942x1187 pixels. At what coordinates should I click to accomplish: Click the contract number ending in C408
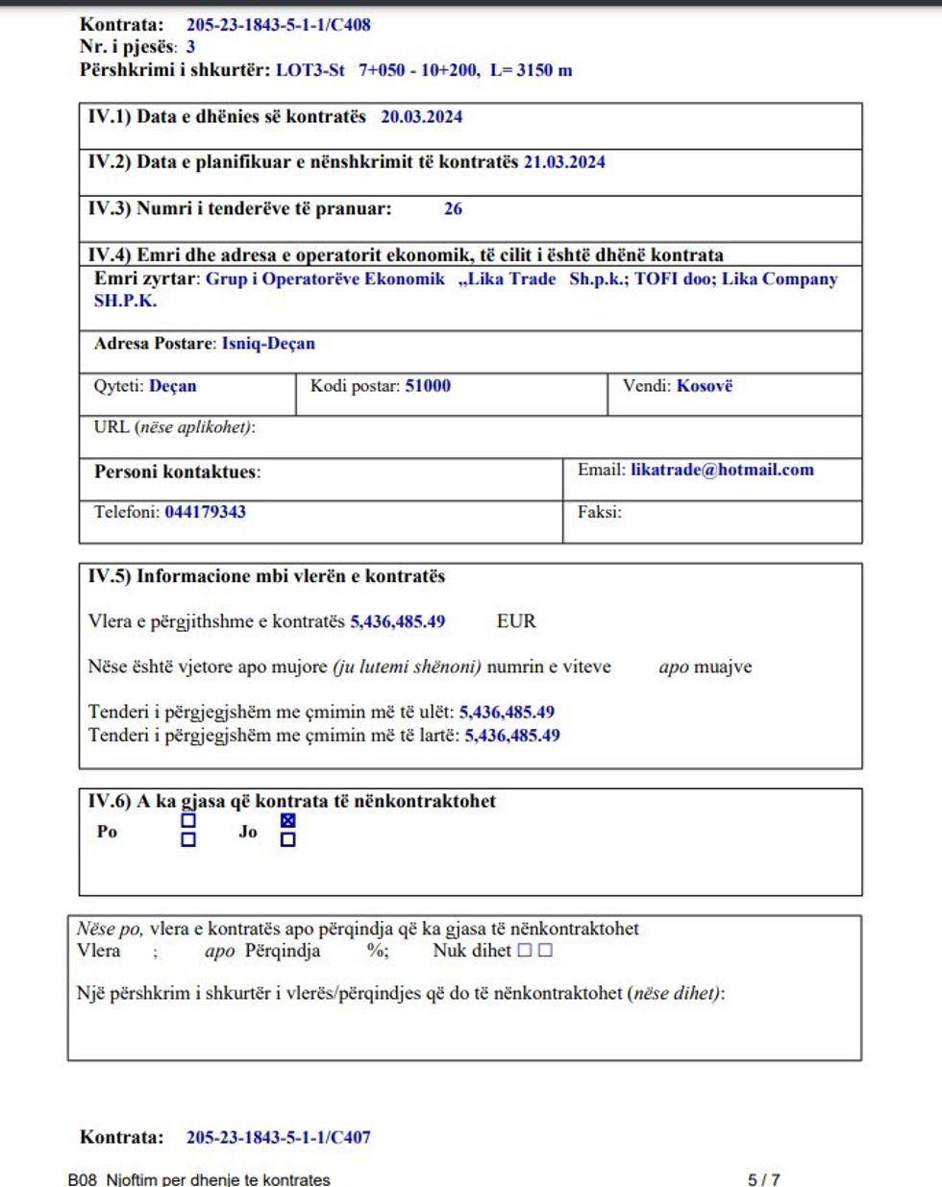278,25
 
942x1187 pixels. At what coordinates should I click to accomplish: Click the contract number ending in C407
278,1137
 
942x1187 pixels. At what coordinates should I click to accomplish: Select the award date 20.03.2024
421,117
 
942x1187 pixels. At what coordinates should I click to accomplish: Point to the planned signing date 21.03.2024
564,162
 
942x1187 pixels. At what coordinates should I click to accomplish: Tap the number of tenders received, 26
453,208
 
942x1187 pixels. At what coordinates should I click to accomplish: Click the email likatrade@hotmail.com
722,470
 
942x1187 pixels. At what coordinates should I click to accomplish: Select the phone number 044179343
205,512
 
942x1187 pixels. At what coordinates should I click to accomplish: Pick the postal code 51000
428,386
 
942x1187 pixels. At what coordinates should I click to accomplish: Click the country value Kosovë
705,386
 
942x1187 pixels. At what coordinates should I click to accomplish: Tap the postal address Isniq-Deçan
268,344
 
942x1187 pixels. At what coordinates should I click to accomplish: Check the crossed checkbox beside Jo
287,821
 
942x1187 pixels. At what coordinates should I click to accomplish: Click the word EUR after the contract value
516,621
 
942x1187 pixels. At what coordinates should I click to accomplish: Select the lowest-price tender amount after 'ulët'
507,713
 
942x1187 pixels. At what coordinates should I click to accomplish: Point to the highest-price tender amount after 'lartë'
512,736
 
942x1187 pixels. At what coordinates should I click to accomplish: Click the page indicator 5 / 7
764,1179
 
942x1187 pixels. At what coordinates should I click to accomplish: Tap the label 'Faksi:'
599,512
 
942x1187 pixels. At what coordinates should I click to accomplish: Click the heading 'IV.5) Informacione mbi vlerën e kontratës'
266,576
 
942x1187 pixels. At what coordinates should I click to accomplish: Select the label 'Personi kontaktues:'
177,472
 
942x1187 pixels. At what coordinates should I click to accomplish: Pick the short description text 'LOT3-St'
310,70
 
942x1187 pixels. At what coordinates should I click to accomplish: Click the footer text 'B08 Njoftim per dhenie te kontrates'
199,1179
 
